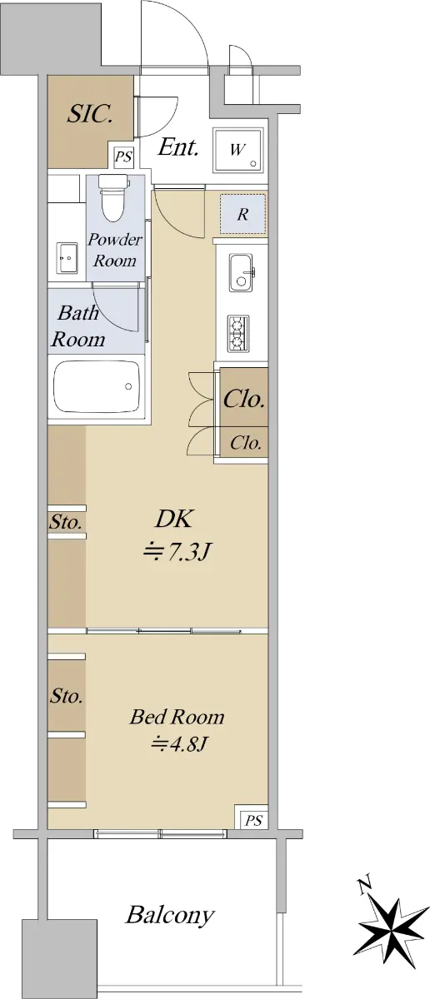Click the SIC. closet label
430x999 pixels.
[x=90, y=114]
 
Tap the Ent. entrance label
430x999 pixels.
[x=178, y=147]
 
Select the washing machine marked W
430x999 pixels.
[x=238, y=151]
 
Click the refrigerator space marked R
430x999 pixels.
[x=242, y=214]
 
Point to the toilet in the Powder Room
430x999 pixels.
[x=113, y=197]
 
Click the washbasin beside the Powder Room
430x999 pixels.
[x=67, y=258]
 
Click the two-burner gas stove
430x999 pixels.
[x=238, y=334]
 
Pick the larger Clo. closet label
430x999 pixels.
[x=244, y=399]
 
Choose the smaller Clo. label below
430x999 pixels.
[x=246, y=443]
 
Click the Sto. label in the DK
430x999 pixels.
[x=66, y=522]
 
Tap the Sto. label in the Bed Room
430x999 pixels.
[x=67, y=695]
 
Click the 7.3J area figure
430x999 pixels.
[x=176, y=553]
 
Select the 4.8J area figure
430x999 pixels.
[x=178, y=743]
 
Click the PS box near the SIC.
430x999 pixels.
[x=123, y=157]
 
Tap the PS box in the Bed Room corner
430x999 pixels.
[x=252, y=819]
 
